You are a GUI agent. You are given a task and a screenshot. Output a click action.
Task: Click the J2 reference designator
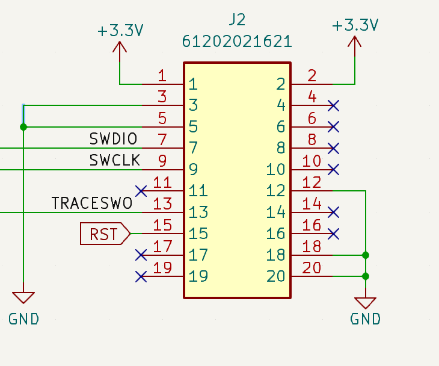point(237,19)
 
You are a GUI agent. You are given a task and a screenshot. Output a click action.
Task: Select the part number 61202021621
point(237,42)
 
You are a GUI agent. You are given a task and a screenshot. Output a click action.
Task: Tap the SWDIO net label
point(113,139)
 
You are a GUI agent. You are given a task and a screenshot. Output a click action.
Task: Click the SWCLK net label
point(114,160)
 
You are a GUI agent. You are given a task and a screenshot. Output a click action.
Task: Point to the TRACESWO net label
point(92,203)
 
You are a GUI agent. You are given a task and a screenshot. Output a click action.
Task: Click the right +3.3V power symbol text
point(355,25)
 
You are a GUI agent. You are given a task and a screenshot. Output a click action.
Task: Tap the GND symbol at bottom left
point(23,297)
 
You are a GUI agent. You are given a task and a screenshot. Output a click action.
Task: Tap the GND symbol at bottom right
point(365,303)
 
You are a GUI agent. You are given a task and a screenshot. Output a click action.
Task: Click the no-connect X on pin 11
point(141,191)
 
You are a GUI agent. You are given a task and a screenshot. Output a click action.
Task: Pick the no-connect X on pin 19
point(141,277)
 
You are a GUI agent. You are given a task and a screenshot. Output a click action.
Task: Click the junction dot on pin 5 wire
point(23,127)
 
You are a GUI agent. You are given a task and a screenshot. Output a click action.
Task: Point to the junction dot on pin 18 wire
point(365,255)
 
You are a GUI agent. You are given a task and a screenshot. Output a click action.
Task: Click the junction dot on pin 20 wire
point(365,276)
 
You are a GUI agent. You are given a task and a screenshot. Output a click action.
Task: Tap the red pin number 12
point(312,182)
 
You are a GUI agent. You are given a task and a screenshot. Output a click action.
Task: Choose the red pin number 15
point(162,225)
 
